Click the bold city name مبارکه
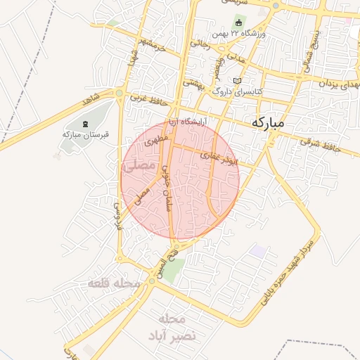click(x=268, y=123)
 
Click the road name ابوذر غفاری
click(x=219, y=157)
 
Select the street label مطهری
click(x=157, y=141)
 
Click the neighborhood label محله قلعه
click(x=115, y=283)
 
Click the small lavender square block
click(x=259, y=251)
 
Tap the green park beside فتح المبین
click(x=174, y=269)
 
